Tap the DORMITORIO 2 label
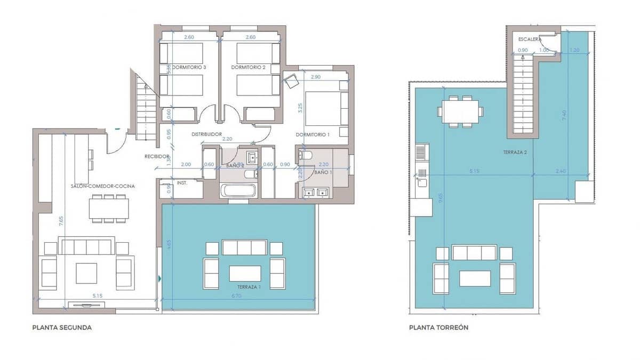248,68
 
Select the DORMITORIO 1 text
313,135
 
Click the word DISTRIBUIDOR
206,134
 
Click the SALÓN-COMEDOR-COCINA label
102,186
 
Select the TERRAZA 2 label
515,152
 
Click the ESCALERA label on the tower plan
530,39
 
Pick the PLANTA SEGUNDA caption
62,327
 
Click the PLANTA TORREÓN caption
438,327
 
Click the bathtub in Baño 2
238,190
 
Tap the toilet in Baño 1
306,156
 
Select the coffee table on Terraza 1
245,273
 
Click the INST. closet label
181,183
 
